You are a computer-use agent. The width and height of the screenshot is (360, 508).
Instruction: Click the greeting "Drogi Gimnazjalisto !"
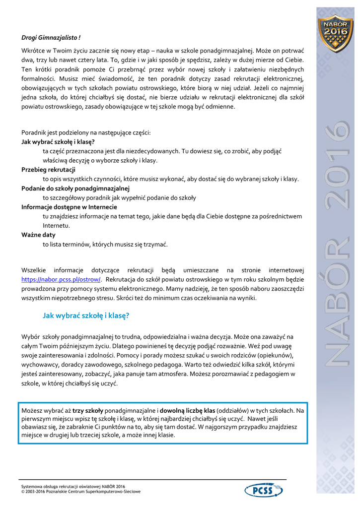point(51,37)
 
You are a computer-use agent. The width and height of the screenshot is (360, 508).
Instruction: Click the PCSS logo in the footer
point(264,491)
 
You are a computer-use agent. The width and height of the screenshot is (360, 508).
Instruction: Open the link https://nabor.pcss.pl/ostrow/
point(62,279)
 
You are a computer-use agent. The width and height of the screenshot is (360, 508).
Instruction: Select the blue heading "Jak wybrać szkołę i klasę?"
point(86,315)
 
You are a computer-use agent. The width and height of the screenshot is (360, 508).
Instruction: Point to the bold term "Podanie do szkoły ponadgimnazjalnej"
point(75,189)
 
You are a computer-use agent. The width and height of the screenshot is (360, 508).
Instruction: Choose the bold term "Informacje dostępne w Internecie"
point(69,207)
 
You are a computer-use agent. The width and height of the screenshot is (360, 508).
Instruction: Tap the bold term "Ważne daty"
point(39,235)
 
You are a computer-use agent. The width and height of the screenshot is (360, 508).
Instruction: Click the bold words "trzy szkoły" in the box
point(88,411)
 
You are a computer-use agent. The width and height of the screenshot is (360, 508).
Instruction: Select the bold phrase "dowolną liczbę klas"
point(187,411)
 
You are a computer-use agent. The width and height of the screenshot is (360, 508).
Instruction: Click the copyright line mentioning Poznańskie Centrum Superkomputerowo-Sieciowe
point(81,492)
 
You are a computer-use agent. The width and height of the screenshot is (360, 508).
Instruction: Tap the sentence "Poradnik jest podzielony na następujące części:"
point(86,132)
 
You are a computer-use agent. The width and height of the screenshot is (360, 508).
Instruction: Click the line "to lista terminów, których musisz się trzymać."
point(105,244)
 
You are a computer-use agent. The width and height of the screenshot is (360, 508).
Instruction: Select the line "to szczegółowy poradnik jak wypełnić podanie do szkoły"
point(119,197)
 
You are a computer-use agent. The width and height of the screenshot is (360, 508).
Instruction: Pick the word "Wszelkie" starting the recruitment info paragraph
point(34,270)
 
